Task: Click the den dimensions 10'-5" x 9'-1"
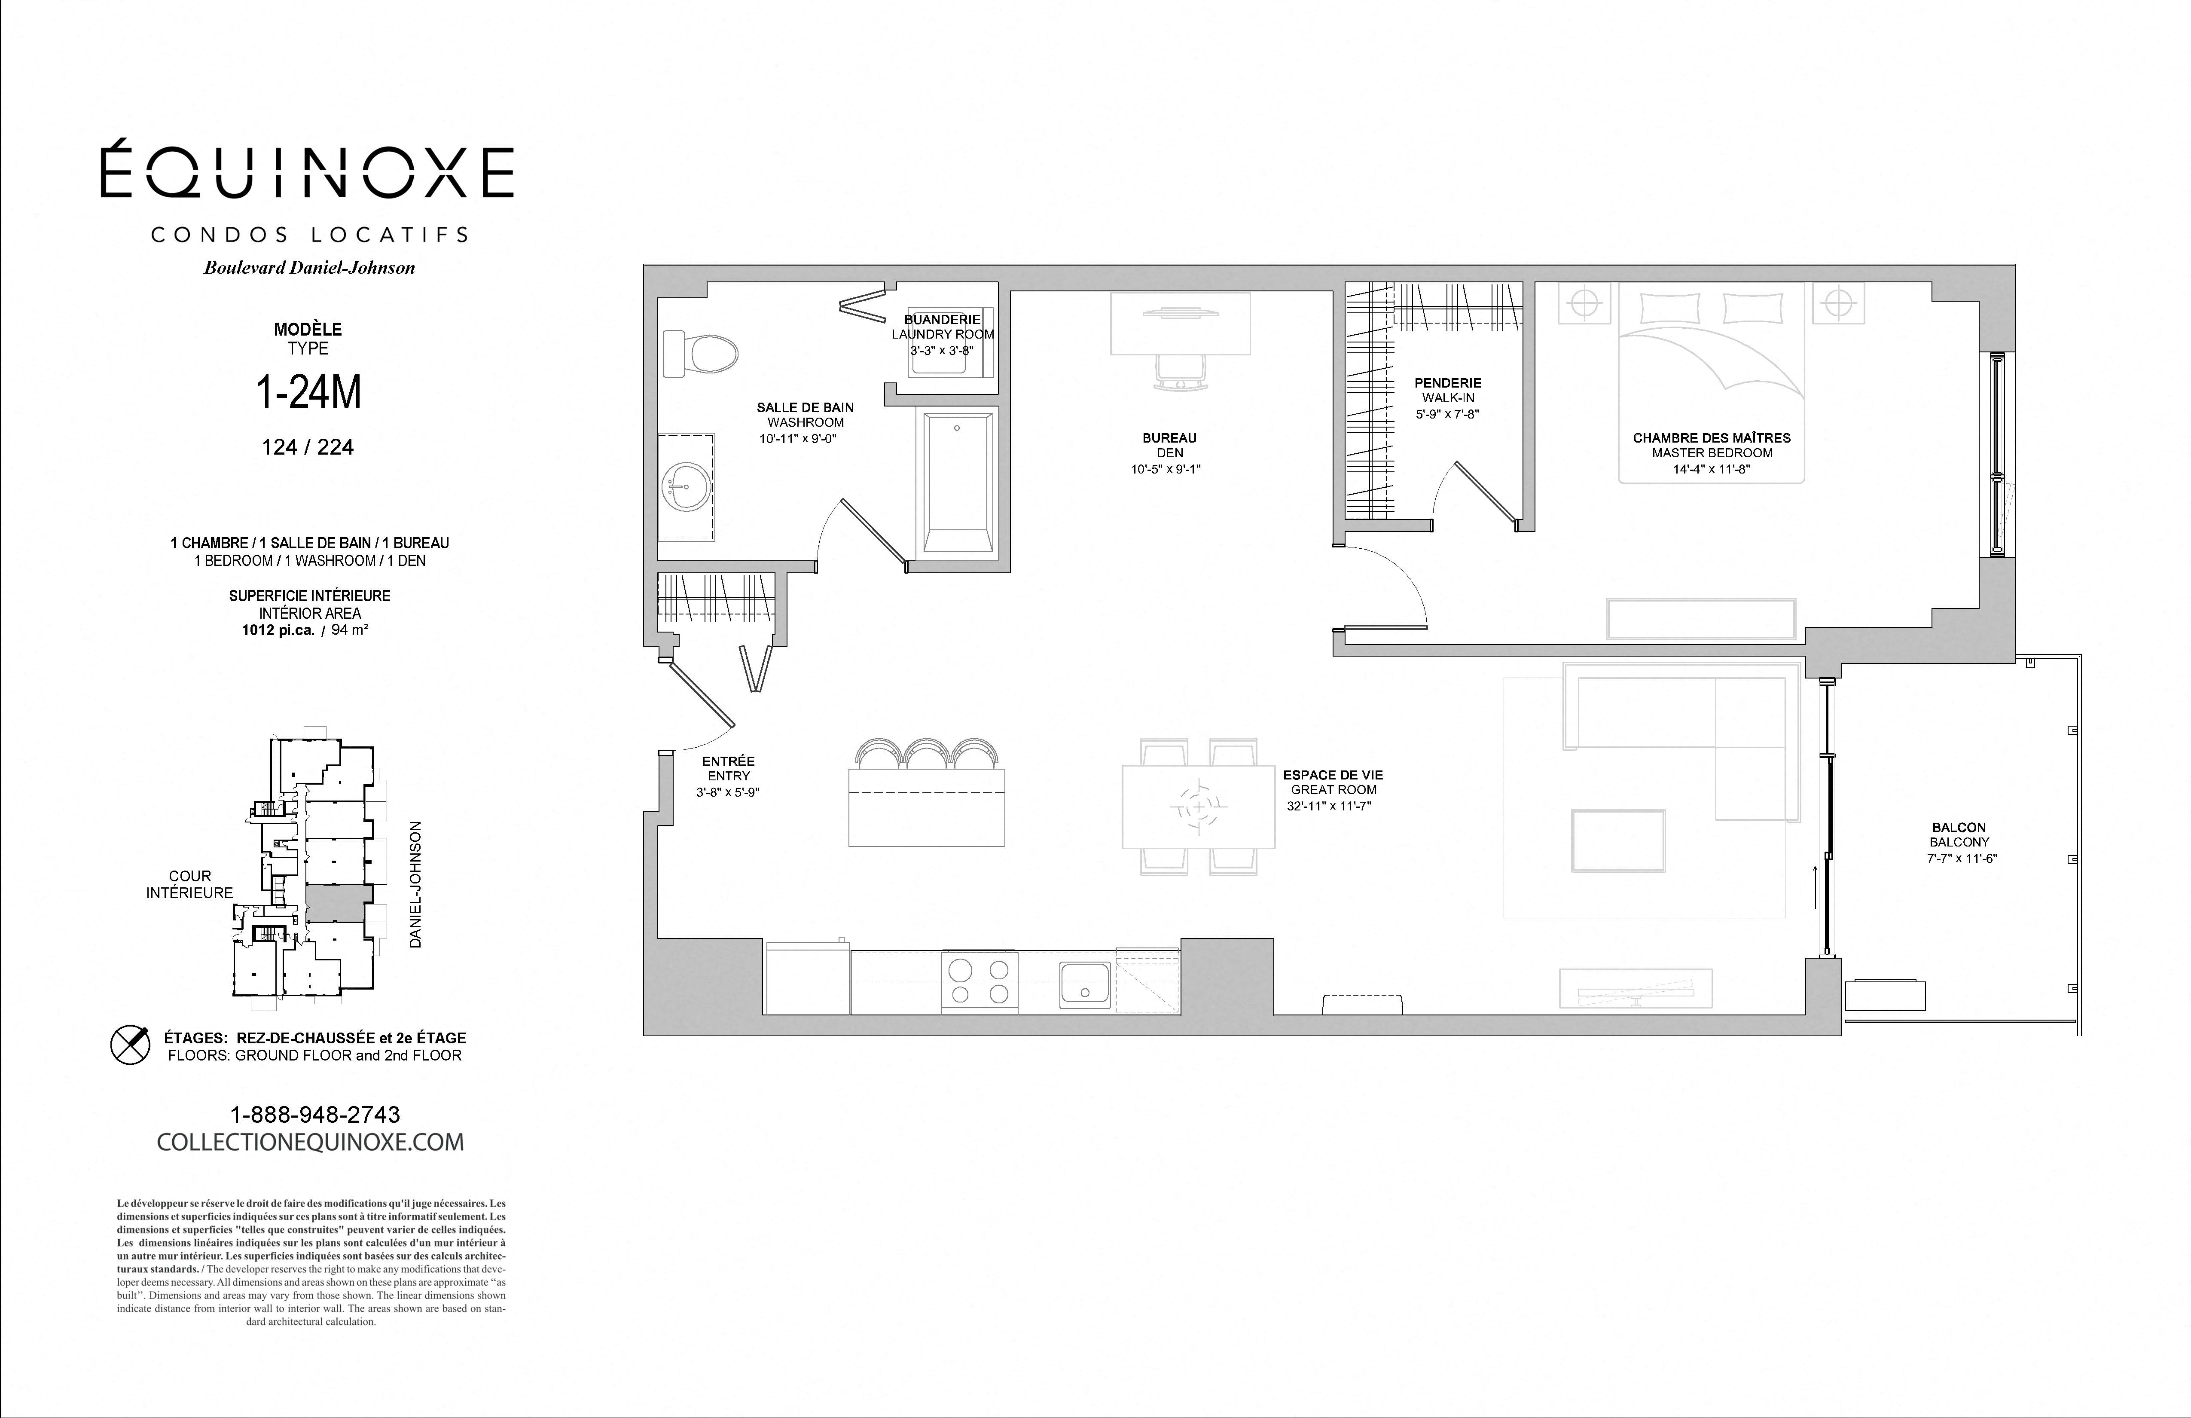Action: click(1166, 469)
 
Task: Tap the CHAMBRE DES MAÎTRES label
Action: click(1712, 438)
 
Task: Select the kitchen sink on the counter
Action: click(1085, 984)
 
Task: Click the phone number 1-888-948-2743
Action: click(315, 1115)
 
